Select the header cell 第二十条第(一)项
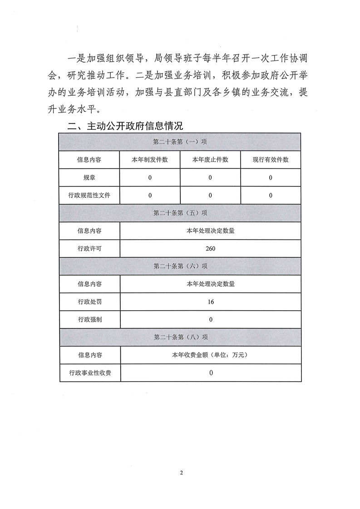coord(180,142)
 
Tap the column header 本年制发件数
coord(150,160)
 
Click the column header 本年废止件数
coord(210,160)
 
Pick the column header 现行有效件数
coord(271,160)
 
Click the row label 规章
coord(89,178)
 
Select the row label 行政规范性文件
coord(89,196)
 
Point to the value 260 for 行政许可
coord(210,249)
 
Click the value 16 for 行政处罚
coord(210,302)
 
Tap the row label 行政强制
coord(89,319)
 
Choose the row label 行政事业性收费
coord(89,373)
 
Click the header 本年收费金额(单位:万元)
coord(210,355)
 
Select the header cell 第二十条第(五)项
coord(180,213)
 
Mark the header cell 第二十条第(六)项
coord(180,266)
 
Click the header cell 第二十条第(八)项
coord(180,338)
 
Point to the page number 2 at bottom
coord(181,473)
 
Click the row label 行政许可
coord(89,249)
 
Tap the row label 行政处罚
coord(89,302)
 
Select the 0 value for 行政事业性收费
coord(211,373)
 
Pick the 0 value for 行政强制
coord(211,319)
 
